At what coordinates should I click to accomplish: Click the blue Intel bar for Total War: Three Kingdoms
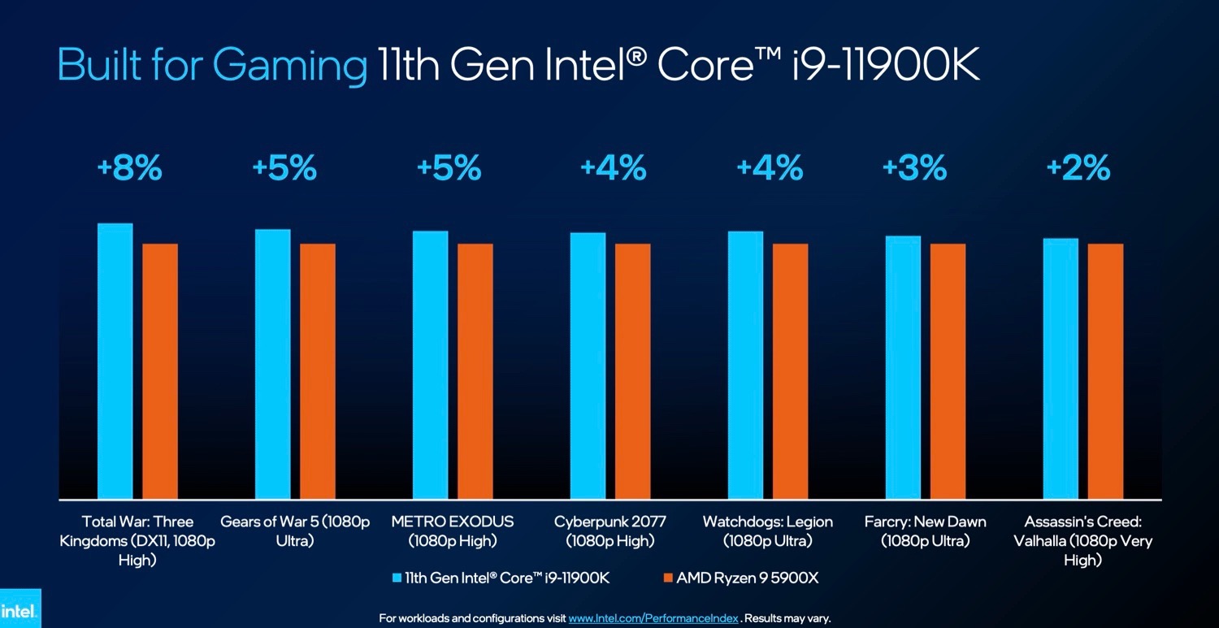115,361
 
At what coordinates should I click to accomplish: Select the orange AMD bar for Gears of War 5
317,370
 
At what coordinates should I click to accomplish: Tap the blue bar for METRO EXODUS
430,365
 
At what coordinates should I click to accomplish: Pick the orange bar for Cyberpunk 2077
632,370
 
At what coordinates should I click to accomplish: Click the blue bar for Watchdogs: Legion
745,365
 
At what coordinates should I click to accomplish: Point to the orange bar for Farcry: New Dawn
948,370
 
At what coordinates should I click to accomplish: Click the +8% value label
129,168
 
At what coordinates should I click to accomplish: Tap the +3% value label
914,168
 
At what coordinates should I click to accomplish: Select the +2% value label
1078,168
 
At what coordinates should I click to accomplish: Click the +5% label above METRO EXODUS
449,168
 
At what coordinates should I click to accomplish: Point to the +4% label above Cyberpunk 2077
613,168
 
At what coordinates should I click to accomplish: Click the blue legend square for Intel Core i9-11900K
397,578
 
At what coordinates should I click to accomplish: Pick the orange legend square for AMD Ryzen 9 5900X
668,578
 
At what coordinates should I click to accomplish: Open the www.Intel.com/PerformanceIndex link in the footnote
653,618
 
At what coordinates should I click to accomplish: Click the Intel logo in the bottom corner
19,610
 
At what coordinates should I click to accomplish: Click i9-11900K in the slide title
886,65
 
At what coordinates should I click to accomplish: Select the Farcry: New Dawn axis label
925,531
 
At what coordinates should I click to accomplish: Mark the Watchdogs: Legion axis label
768,531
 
